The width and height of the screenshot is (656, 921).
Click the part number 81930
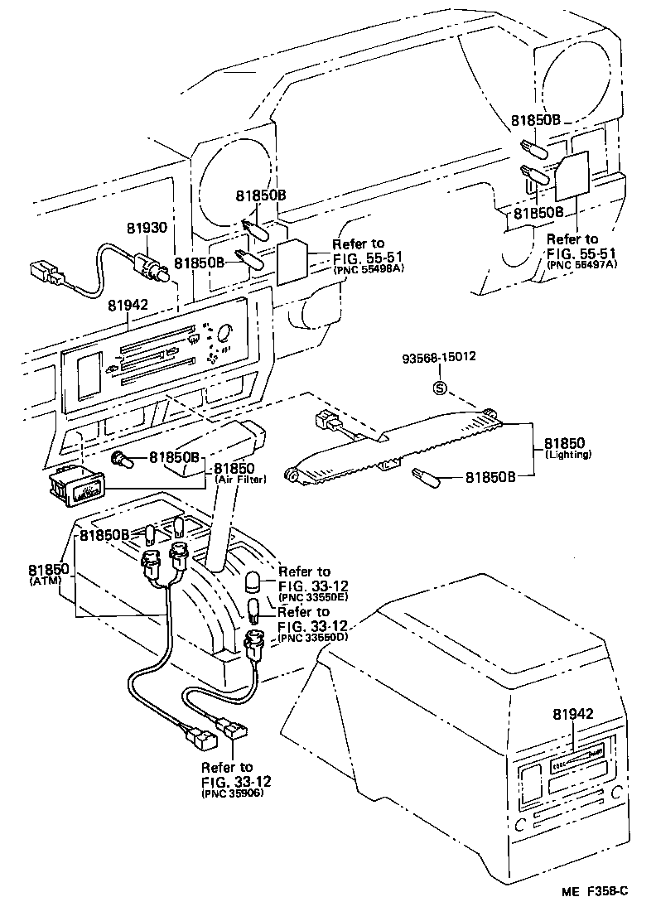(x=147, y=226)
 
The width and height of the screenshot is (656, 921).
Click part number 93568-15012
(x=440, y=359)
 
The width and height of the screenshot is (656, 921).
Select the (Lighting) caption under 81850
(x=568, y=455)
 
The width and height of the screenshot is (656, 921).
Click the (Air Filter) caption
(x=240, y=480)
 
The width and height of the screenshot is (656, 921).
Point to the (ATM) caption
(x=41, y=583)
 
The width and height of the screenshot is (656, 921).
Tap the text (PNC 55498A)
(x=368, y=270)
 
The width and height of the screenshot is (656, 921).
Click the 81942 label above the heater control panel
(x=128, y=305)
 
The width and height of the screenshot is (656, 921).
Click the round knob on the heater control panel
(x=221, y=333)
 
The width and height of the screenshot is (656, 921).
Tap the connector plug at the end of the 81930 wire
(x=44, y=273)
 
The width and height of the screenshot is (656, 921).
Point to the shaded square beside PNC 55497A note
(x=572, y=177)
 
